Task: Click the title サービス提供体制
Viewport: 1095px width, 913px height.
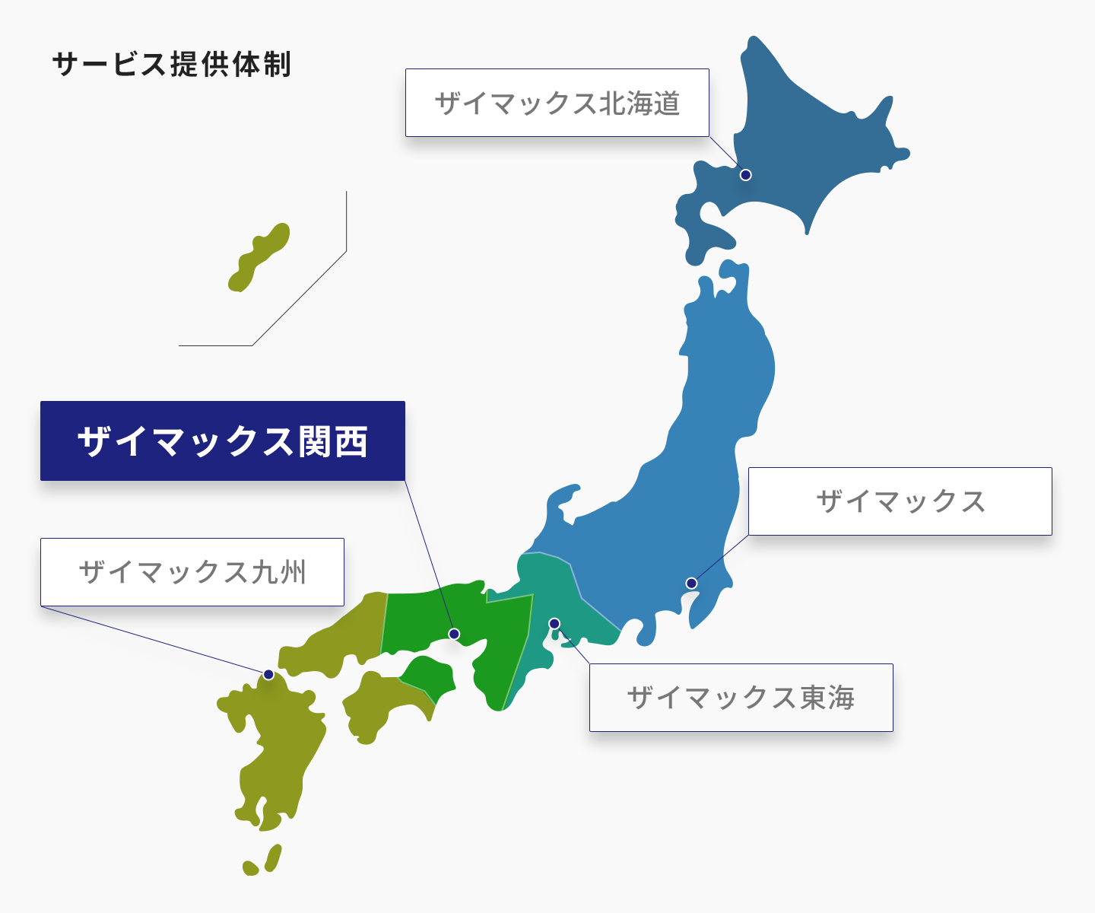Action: pos(172,65)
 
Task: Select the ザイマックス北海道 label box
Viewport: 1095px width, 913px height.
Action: pos(557,103)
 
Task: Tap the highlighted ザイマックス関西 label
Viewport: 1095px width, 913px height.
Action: pos(222,441)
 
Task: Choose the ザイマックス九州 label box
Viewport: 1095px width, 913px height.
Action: pos(192,572)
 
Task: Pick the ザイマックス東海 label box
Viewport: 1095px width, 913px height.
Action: pos(741,698)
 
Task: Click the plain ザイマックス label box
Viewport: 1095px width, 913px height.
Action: pos(900,501)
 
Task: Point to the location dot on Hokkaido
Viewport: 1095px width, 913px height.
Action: pos(746,175)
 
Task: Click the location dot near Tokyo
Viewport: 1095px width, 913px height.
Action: pos(691,584)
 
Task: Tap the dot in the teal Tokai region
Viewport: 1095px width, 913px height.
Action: pos(554,624)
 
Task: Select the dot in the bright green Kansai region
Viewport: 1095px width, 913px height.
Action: pos(454,634)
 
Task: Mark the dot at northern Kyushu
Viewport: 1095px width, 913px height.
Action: pos(268,675)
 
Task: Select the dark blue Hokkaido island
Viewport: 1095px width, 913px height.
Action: pos(806,145)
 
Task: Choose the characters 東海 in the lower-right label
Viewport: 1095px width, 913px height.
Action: pos(827,698)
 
